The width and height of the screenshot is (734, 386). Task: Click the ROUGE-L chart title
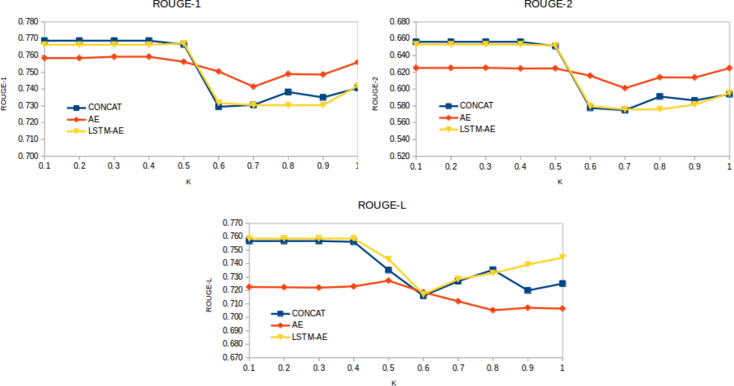[382, 205]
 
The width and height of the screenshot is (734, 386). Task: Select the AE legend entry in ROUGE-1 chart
[93, 119]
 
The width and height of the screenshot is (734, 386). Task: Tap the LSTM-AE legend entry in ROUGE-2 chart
[477, 129]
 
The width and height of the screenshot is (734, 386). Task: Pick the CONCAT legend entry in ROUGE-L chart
[308, 313]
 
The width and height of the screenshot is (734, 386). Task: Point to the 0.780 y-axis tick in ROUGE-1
[28, 22]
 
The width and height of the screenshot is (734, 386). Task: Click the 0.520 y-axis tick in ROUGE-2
[400, 156]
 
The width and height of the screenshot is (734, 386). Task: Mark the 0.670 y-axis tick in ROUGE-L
[232, 357]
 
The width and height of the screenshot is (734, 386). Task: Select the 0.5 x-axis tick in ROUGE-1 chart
[184, 165]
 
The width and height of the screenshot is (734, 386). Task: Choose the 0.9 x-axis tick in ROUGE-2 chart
[694, 166]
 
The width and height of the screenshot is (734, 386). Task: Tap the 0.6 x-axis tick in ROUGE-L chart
[423, 368]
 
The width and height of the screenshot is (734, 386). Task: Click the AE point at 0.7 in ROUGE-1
[253, 86]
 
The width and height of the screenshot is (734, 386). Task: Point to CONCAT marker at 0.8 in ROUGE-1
[288, 92]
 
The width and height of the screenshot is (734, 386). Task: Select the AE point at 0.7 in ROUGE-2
[625, 88]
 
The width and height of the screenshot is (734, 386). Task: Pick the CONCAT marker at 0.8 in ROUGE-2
[660, 96]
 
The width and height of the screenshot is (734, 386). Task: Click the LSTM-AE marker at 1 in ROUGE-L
[562, 257]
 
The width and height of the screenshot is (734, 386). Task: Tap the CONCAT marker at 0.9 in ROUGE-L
[528, 290]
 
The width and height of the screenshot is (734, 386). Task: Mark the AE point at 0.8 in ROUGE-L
[493, 310]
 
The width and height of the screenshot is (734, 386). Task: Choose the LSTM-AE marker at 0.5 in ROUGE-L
[388, 259]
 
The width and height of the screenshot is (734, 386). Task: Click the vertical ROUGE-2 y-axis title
[375, 94]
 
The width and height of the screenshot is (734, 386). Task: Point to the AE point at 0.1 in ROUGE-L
[249, 287]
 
